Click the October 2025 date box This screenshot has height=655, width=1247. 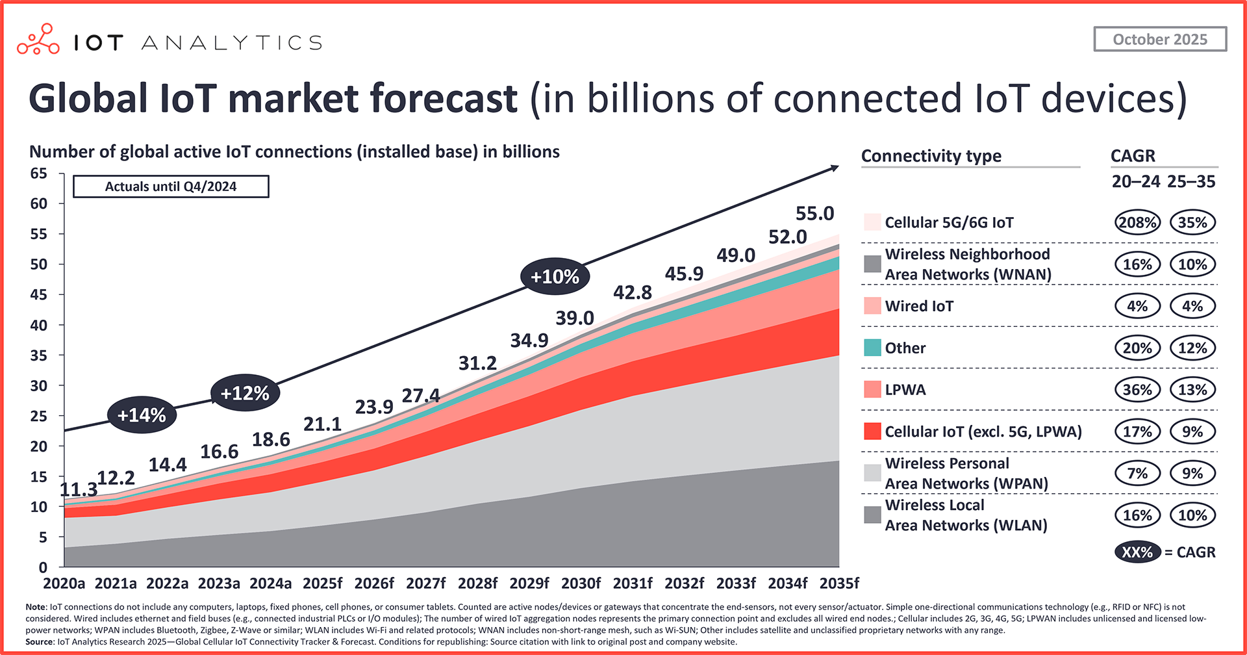pyautogui.click(x=1160, y=39)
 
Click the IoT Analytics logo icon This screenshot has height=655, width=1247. pyautogui.click(x=38, y=40)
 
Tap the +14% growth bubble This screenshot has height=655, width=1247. pyautogui.click(x=142, y=415)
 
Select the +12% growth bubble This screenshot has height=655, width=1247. pyautogui.click(x=245, y=393)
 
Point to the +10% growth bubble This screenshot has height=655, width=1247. pyautogui.click(x=555, y=277)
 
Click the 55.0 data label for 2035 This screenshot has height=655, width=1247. pyautogui.click(x=814, y=214)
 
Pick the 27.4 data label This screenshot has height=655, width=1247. pyautogui.click(x=421, y=395)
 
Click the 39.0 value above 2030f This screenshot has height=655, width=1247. pyautogui.click(x=575, y=318)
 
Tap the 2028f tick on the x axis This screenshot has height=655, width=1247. pyautogui.click(x=478, y=583)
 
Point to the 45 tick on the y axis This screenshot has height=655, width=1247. pyautogui.click(x=39, y=295)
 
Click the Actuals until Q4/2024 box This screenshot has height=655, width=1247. pyautogui.click(x=171, y=186)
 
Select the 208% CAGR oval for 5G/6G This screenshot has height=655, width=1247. pyautogui.click(x=1137, y=223)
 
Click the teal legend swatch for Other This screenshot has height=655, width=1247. pyautogui.click(x=872, y=348)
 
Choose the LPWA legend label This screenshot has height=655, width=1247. pyautogui.click(x=905, y=390)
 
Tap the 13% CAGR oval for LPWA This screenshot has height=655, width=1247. pyautogui.click(x=1192, y=390)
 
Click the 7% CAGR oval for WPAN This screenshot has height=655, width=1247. pyautogui.click(x=1137, y=474)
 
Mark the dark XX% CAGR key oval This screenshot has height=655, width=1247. pyautogui.click(x=1137, y=552)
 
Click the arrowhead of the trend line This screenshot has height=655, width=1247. pyautogui.click(x=835, y=168)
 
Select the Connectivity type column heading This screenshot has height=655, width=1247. pyautogui.click(x=931, y=156)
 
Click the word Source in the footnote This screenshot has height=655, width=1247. pyautogui.click(x=40, y=642)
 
